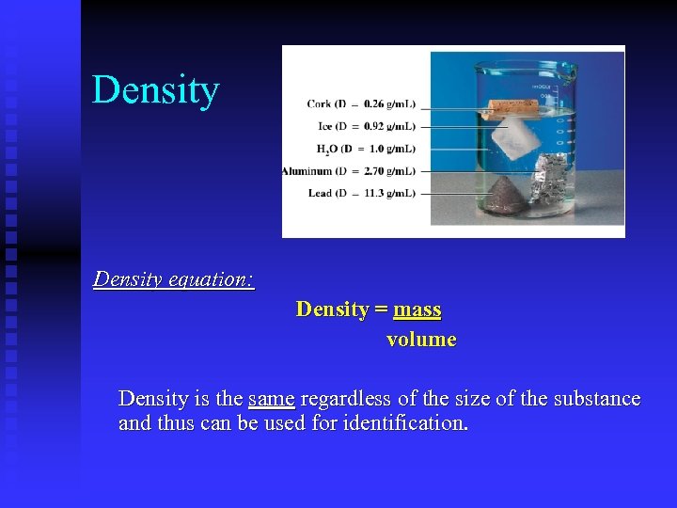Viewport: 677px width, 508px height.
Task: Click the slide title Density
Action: click(155, 90)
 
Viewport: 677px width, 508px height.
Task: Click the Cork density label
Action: click(361, 103)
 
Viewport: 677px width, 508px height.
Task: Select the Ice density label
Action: click(361, 126)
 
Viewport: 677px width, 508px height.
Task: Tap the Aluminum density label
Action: click(349, 171)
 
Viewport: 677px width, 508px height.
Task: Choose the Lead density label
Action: click(361, 194)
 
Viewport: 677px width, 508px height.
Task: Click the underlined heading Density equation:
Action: click(174, 279)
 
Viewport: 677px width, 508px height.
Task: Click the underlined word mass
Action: click(417, 310)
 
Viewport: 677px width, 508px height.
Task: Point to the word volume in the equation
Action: click(421, 340)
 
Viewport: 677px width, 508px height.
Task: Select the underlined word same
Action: click(272, 399)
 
